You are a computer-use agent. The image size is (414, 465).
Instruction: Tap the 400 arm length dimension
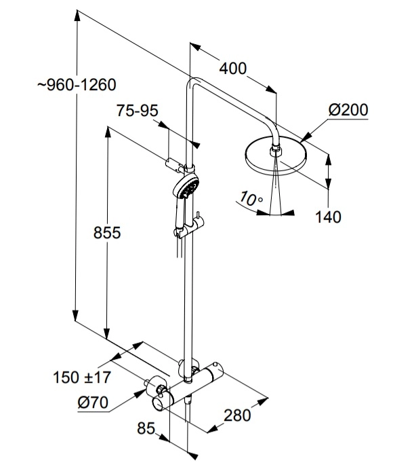click(x=232, y=69)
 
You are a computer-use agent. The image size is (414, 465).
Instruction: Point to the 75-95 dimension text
click(x=136, y=111)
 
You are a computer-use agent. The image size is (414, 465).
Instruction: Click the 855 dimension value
click(x=107, y=233)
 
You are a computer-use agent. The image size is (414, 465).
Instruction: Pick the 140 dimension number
click(x=328, y=217)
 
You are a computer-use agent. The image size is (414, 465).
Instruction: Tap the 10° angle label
click(x=251, y=200)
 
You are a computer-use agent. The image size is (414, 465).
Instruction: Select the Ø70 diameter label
click(x=93, y=402)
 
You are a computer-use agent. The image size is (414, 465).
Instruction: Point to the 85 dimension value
click(x=145, y=428)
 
